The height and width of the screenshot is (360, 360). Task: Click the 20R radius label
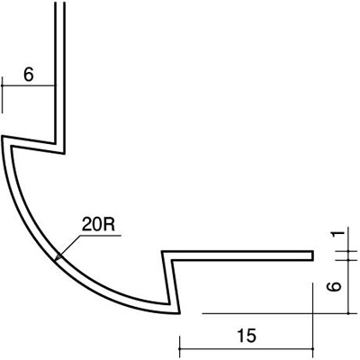pyautogui.click(x=99, y=225)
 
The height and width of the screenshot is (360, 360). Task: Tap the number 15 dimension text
pyautogui.click(x=247, y=336)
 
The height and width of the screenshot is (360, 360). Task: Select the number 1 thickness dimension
pyautogui.click(x=338, y=233)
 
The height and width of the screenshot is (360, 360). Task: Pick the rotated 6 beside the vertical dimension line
pyautogui.click(x=334, y=286)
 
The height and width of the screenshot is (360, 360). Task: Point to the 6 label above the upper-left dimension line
pyautogui.click(x=29, y=75)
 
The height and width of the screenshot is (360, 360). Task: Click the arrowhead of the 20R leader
pyautogui.click(x=58, y=257)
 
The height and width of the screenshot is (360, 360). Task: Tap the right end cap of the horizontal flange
pyautogui.click(x=313, y=256)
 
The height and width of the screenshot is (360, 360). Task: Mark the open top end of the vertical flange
pyautogui.click(x=60, y=3)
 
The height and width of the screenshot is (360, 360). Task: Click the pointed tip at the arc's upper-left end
pyautogui.click(x=3, y=137)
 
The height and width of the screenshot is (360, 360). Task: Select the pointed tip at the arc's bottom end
pyautogui.click(x=179, y=313)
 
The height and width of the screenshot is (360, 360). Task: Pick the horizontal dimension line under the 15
pyautogui.click(x=246, y=349)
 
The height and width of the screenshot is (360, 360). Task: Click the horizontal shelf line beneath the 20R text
pyautogui.click(x=100, y=236)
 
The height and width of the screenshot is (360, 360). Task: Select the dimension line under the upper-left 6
pyautogui.click(x=29, y=85)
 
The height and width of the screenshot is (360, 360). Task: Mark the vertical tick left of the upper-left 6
pyautogui.click(x=3, y=94)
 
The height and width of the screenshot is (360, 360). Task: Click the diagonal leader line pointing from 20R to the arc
pyautogui.click(x=69, y=247)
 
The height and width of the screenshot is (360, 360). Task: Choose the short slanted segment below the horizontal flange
pyautogui.click(x=170, y=282)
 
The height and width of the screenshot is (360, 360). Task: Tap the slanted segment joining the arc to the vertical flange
pyautogui.click(x=33, y=145)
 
